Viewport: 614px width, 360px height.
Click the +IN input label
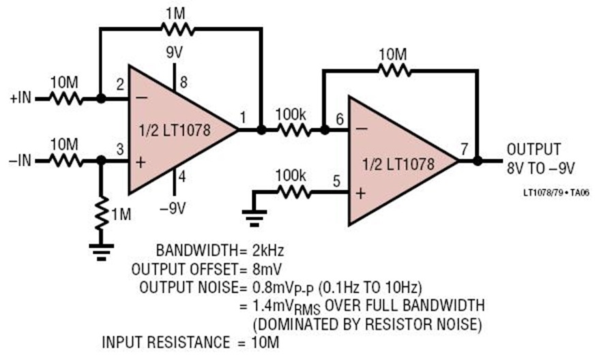click(x=20, y=97)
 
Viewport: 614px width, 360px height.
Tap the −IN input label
click(x=20, y=160)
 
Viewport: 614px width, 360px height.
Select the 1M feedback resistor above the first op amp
click(x=177, y=29)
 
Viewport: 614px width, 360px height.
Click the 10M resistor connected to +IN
click(x=65, y=99)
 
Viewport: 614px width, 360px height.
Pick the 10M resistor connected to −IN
click(x=65, y=160)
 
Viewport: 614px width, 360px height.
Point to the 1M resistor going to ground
click(x=102, y=213)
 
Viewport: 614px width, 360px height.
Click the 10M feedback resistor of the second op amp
click(x=394, y=70)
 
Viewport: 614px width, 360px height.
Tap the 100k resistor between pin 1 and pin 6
click(x=293, y=130)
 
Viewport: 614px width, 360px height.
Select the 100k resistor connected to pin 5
click(x=293, y=192)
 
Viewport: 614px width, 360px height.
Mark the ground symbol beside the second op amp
click(x=254, y=218)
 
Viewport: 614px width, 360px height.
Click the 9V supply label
click(x=174, y=52)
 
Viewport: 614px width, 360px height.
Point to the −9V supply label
click(x=173, y=208)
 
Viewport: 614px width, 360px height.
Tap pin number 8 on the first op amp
click(x=184, y=82)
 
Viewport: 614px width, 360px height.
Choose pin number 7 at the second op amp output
click(x=464, y=149)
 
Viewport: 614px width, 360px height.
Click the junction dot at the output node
click(x=478, y=160)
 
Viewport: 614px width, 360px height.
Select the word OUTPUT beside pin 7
click(x=533, y=149)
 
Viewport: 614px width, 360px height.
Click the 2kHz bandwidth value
click(x=268, y=250)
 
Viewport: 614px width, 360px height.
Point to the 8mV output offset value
click(x=267, y=269)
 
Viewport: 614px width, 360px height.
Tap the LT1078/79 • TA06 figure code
click(x=556, y=192)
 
